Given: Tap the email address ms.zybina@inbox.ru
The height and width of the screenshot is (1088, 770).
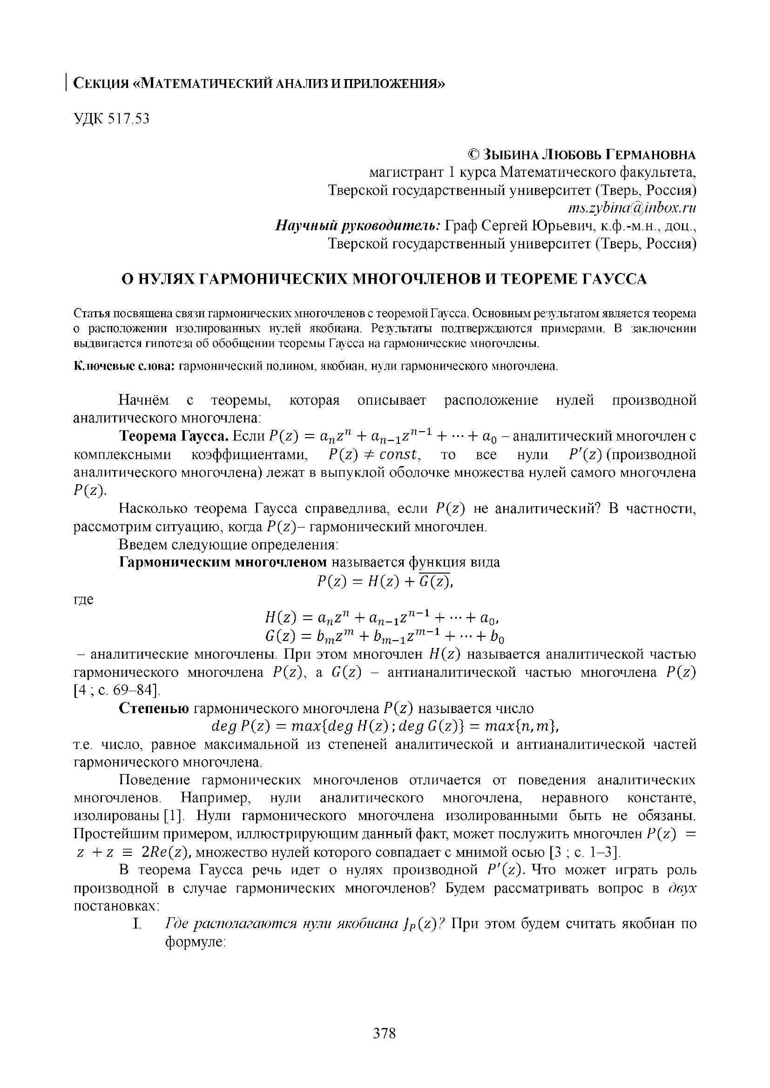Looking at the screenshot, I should [632, 208].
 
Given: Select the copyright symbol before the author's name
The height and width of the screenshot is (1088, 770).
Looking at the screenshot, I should [473, 154].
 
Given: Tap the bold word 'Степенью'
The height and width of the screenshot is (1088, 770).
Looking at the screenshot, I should [154, 708].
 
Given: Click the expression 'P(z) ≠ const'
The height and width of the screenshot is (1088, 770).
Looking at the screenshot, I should [374, 455].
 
